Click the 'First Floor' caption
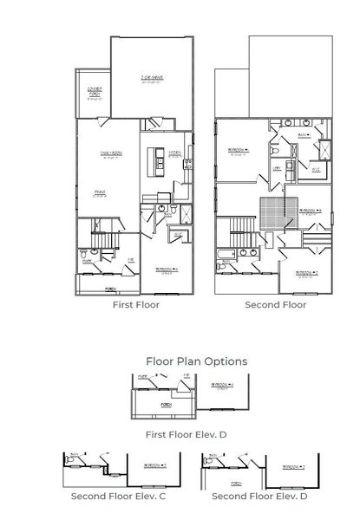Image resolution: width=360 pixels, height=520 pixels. (136, 305)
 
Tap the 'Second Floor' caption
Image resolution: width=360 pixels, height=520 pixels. (275, 305)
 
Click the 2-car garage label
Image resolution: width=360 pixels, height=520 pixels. (152, 79)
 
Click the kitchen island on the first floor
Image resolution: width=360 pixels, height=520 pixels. (159, 160)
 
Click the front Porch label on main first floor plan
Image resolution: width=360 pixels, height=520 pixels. (110, 289)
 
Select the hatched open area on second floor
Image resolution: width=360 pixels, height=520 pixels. (275, 211)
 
